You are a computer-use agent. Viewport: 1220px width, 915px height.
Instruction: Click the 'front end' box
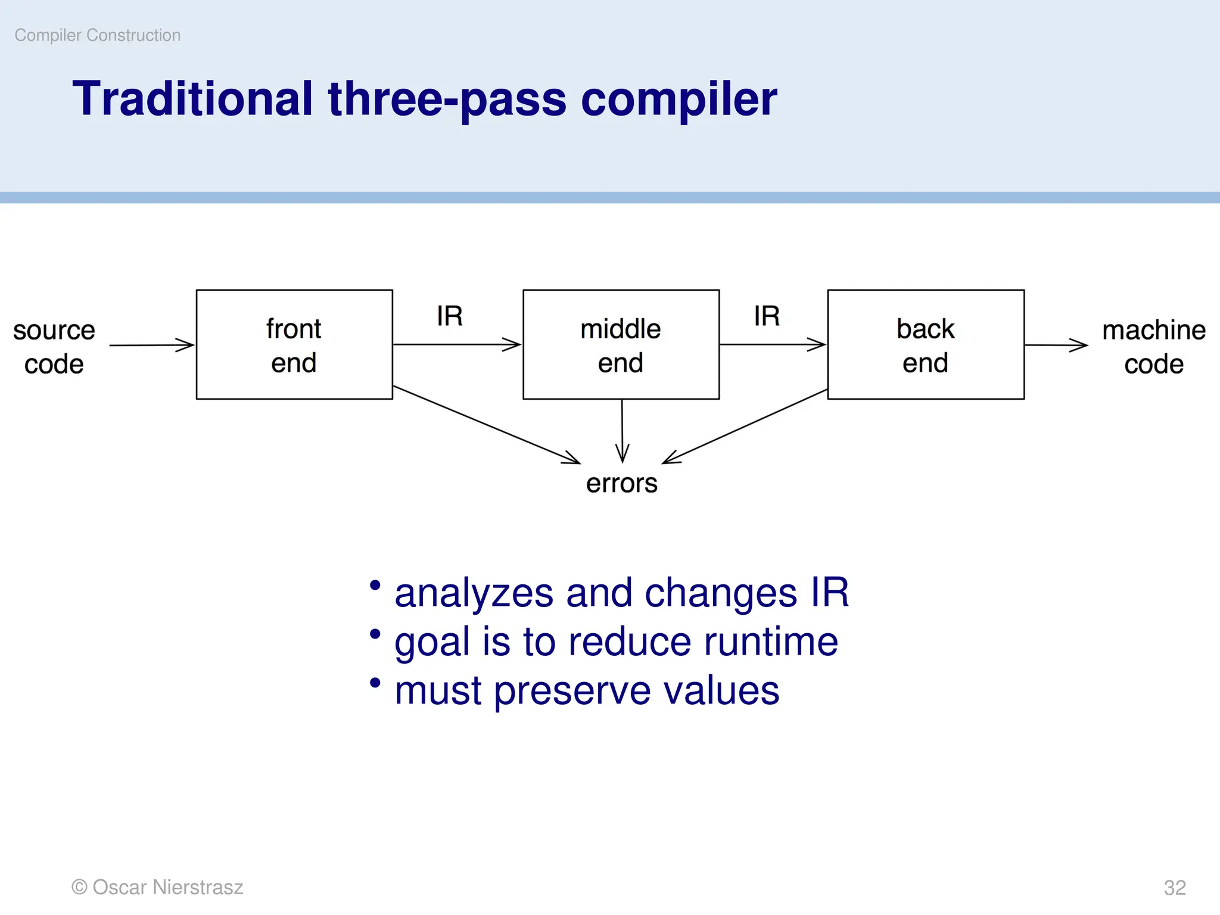294,345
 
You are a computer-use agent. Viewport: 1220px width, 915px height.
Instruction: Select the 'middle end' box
621,345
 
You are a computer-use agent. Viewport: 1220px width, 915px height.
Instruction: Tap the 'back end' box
926,345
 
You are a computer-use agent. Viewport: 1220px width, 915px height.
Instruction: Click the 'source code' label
54,347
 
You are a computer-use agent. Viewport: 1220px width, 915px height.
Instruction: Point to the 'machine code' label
1153,347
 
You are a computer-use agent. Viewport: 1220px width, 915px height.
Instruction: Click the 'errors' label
621,483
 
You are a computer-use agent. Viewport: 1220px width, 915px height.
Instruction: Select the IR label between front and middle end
450,316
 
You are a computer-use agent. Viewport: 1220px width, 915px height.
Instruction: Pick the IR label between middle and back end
767,316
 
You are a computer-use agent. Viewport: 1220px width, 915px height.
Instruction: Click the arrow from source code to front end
152,345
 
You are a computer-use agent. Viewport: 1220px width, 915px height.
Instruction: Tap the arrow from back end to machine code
1056,345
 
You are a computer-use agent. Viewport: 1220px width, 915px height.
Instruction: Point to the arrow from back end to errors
745,427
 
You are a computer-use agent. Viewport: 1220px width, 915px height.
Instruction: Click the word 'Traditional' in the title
192,99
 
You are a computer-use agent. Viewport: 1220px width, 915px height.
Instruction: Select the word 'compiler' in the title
679,99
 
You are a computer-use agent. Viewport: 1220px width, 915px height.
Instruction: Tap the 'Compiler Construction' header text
98,35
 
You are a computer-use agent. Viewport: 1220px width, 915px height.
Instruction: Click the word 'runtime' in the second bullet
771,642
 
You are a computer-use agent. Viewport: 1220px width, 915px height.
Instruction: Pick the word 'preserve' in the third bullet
572,691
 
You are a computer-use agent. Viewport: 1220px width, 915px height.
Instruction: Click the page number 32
1175,888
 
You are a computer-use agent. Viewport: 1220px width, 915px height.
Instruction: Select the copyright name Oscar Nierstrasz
167,887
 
